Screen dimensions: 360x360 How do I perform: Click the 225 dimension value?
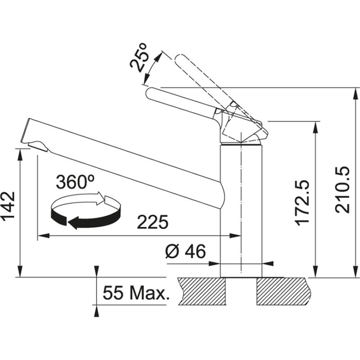point(153,222)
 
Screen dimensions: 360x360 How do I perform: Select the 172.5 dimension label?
point(303,202)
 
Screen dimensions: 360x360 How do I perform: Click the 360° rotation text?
point(75,182)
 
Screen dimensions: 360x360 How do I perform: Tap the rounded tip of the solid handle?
point(151,93)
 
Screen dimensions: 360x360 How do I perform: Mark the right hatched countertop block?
point(283,291)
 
